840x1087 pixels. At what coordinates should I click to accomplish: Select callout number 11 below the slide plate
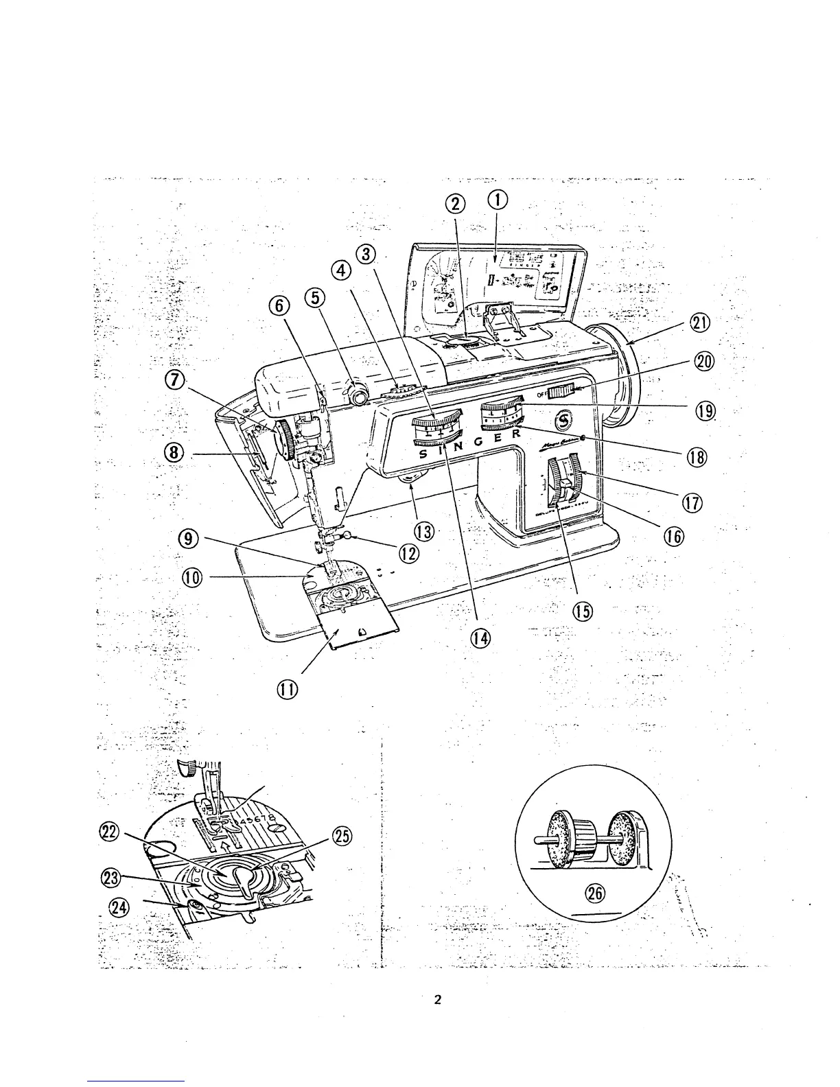pos(286,690)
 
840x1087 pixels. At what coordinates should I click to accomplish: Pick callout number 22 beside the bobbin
pos(110,833)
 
